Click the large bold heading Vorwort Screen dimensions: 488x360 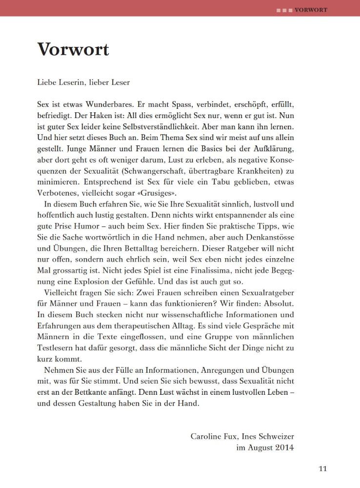[73, 49]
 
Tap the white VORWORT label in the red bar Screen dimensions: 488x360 [310, 9]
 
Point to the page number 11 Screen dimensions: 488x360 [322, 469]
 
